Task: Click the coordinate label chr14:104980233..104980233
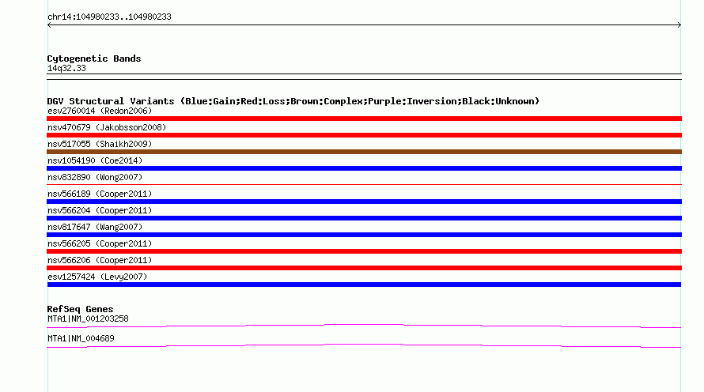coord(109,17)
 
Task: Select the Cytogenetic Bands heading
coord(94,58)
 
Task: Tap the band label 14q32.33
coord(66,69)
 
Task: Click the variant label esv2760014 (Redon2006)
coord(100,111)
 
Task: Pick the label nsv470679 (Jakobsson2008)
coord(107,127)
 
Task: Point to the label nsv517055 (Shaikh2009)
coord(100,144)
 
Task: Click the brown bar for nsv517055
coord(364,152)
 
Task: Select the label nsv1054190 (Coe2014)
coord(95,160)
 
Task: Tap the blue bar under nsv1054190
coord(364,168)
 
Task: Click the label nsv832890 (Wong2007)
coord(95,177)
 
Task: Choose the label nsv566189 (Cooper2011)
coord(100,194)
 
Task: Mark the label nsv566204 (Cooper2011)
coord(100,210)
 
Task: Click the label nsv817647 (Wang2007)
coord(95,227)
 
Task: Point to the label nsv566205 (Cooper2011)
coord(100,243)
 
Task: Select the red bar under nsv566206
coord(364,268)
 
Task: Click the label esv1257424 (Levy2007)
coord(97,277)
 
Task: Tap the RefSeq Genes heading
coord(80,310)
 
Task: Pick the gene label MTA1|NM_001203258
coord(88,318)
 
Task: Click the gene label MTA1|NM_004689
coord(81,338)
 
